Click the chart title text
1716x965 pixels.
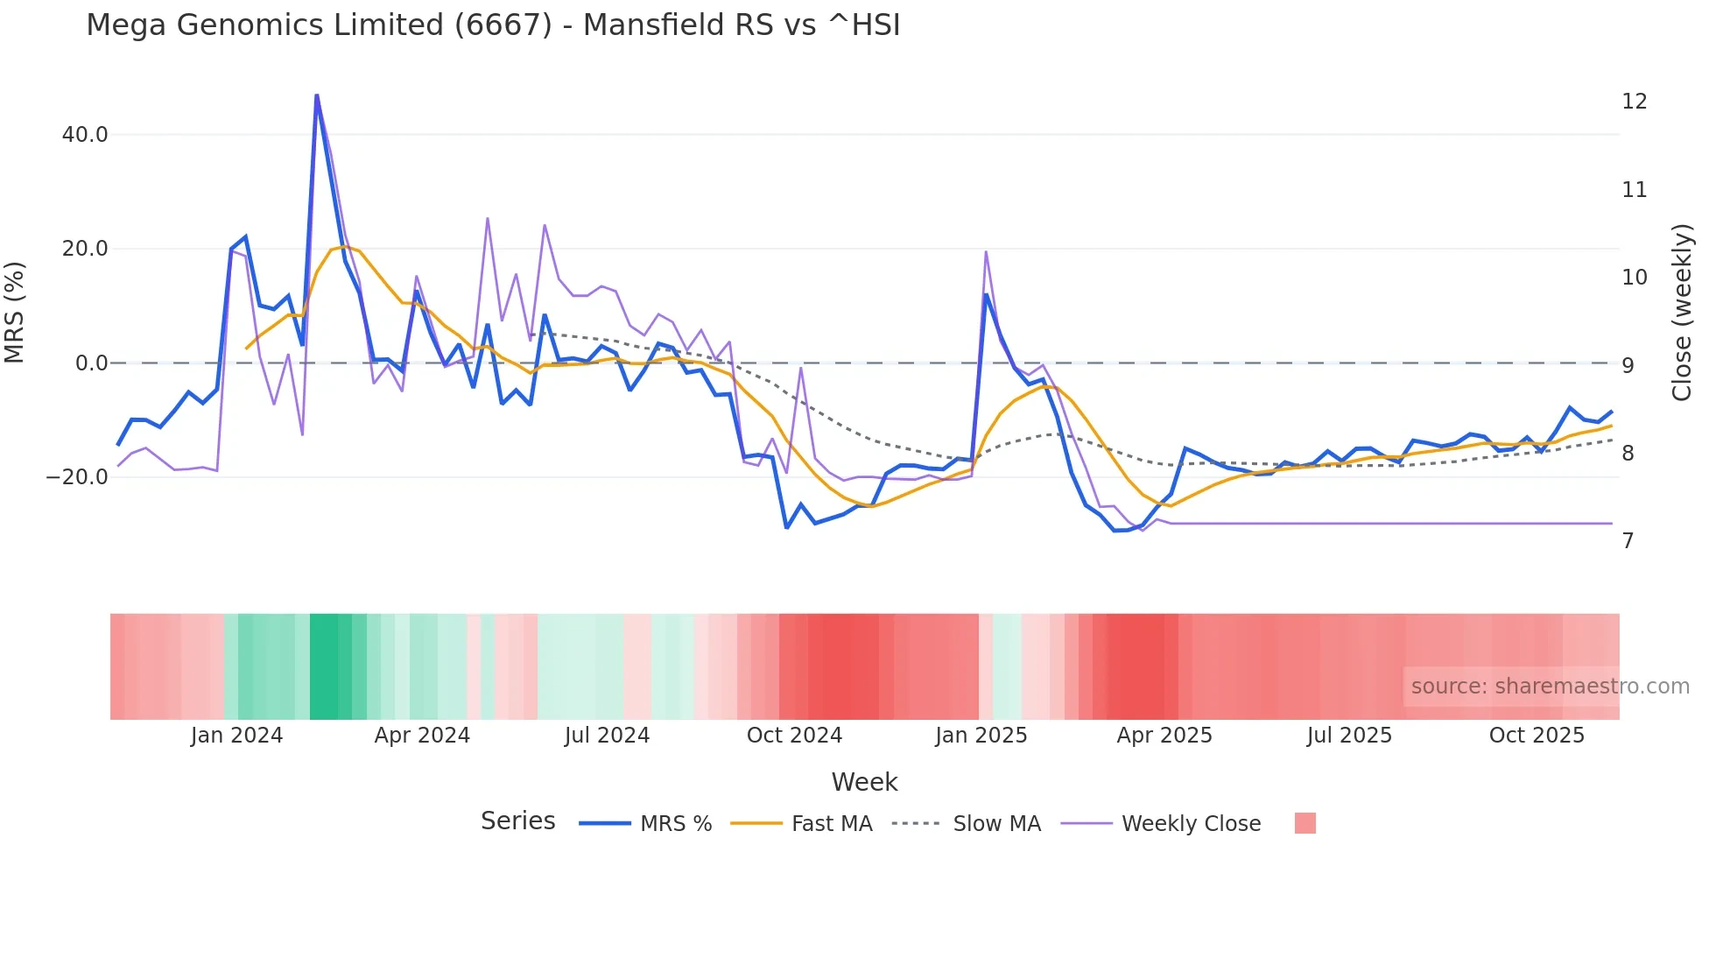coord(493,25)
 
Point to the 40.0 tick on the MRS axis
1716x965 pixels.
coord(85,135)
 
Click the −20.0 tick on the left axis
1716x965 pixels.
coord(78,477)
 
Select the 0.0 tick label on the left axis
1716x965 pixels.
coord(92,363)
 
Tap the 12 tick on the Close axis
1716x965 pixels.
coord(1634,102)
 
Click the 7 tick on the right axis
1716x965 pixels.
coord(1628,541)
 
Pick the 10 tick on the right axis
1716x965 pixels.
coord(1634,278)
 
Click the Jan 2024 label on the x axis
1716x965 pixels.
coord(236,736)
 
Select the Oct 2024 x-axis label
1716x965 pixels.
coord(794,736)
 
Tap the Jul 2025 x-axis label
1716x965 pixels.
coord(1349,736)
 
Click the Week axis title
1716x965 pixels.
coord(864,782)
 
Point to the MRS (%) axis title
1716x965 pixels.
coord(15,312)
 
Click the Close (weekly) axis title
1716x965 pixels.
coord(1682,313)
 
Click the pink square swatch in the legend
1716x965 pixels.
coord(1305,823)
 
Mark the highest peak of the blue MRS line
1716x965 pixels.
coord(316,95)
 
